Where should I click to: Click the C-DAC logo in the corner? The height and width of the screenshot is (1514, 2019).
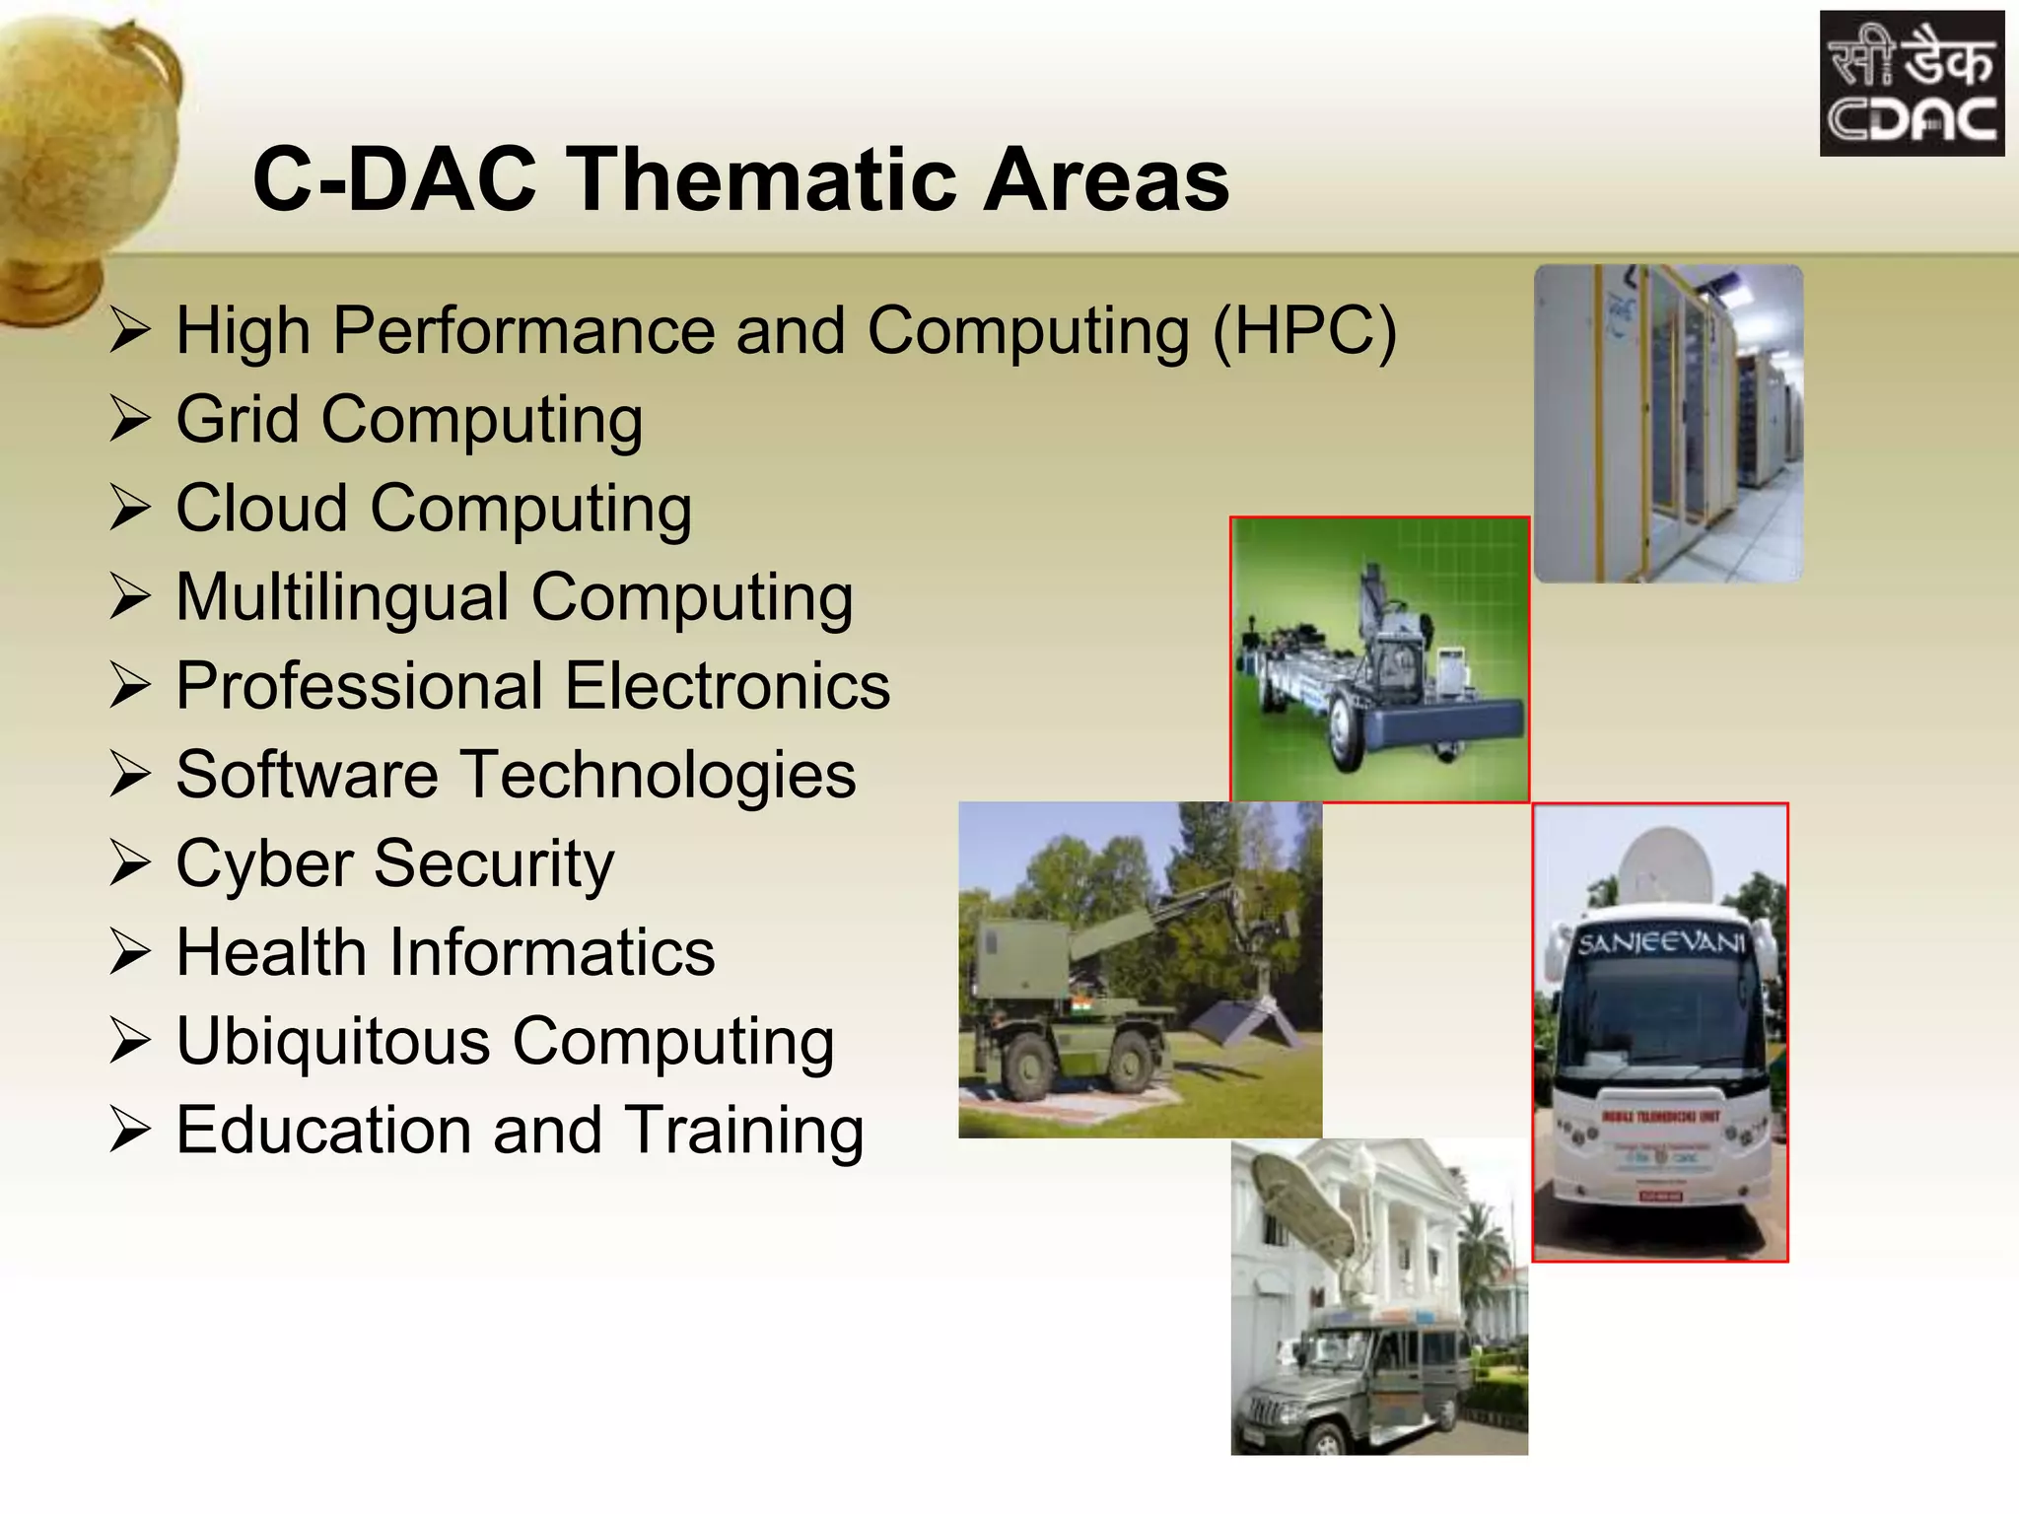1911,84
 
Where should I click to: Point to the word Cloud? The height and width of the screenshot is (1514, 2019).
261,509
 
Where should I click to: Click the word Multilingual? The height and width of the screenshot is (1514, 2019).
341,597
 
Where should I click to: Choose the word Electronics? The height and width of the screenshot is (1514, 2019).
728,686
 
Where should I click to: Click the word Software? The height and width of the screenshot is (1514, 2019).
307,775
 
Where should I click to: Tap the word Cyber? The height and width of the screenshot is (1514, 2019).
261,864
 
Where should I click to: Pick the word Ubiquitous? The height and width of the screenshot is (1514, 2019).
332,1042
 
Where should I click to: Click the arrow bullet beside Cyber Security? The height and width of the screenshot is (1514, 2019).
129,864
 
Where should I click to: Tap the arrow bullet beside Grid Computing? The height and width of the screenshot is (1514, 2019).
129,419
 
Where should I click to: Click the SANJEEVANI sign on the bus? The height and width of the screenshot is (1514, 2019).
1660,943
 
